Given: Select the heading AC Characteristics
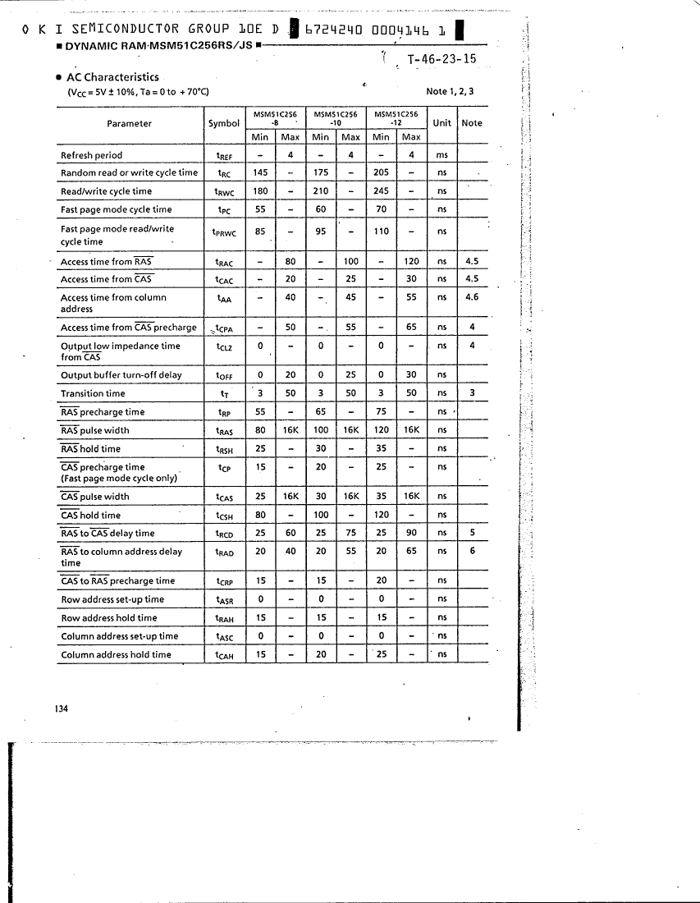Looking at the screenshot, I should coord(112,77).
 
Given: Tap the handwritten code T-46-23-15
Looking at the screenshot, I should coord(442,59).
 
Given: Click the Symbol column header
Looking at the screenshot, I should coord(224,123).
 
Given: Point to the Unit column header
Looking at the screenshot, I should coord(442,123).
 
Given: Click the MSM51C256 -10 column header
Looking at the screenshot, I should coord(336,118).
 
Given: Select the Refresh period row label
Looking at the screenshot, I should coord(92,155).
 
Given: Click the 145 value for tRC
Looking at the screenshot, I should coord(260,172).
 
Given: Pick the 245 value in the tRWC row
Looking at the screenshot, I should coord(382,191).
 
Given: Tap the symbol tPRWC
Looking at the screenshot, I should coord(225,232).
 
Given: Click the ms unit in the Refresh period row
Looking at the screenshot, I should coord(442,155).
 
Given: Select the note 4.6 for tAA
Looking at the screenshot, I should coord(472,297).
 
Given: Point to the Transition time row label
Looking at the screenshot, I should coord(93,394).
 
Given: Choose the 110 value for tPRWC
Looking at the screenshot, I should coord(382,231).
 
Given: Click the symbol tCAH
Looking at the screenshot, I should coord(224,655).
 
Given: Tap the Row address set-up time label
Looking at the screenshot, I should coord(112,599).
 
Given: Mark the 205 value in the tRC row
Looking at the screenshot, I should coord(382,172).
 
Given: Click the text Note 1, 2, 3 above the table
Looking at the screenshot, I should coord(451,91).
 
